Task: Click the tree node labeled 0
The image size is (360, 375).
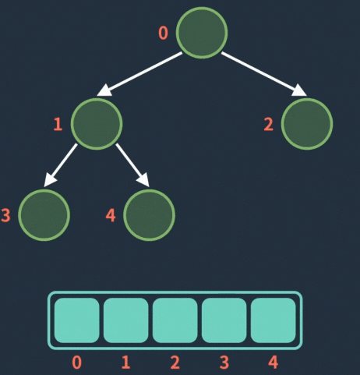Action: click(202, 33)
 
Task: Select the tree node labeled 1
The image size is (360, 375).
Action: click(97, 124)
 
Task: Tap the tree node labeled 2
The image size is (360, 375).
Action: click(307, 124)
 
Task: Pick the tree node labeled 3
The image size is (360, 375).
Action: click(44, 215)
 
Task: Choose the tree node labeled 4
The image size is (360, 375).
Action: click(149, 215)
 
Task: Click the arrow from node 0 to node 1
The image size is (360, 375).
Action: click(139, 74)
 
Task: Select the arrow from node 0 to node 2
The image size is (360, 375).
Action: click(264, 74)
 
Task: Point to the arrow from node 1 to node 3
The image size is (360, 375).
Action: click(61, 165)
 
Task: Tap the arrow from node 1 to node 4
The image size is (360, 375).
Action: click(132, 165)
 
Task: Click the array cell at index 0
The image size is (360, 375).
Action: click(77, 320)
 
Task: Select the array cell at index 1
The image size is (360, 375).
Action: click(126, 320)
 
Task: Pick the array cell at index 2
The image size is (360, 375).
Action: click(175, 320)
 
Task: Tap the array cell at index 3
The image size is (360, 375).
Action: click(224, 320)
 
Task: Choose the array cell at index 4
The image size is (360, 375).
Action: click(274, 320)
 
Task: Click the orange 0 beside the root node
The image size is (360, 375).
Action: click(163, 33)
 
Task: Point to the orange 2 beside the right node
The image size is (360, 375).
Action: click(269, 124)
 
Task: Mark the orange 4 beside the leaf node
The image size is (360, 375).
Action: click(111, 215)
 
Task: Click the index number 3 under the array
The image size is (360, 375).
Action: click(224, 363)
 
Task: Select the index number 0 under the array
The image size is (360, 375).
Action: click(76, 363)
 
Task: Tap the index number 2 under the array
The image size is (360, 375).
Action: click(175, 363)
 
